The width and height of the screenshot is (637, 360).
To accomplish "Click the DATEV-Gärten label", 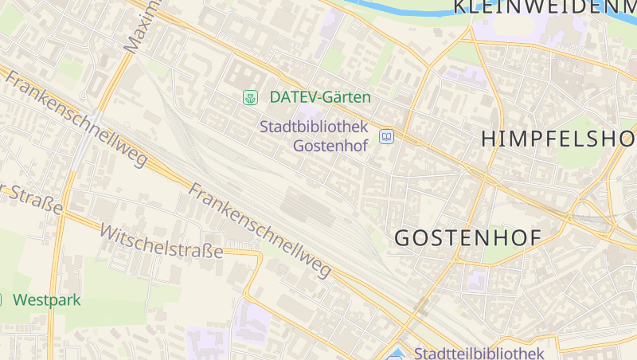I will tap(320, 97).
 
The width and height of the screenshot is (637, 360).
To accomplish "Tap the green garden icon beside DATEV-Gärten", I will tap(250, 97).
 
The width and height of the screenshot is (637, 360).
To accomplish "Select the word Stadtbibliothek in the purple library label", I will tap(313, 127).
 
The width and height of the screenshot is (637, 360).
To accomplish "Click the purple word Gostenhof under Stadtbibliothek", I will tap(330, 146).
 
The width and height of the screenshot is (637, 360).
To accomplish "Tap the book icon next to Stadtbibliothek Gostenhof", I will tap(386, 137).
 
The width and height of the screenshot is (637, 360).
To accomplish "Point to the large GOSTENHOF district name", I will tap(468, 237).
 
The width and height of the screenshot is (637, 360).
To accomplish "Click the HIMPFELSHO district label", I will tap(558, 138).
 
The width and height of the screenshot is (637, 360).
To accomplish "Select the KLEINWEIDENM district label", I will tap(545, 8).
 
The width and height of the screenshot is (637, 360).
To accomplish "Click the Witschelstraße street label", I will tap(161, 241).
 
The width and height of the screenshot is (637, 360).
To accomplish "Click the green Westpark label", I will tap(47, 300).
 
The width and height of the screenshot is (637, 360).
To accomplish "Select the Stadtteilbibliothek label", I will tap(479, 353).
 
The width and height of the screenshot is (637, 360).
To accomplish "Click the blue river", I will tap(398, 9).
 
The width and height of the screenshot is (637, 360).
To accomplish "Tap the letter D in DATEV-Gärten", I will tap(275, 97).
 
